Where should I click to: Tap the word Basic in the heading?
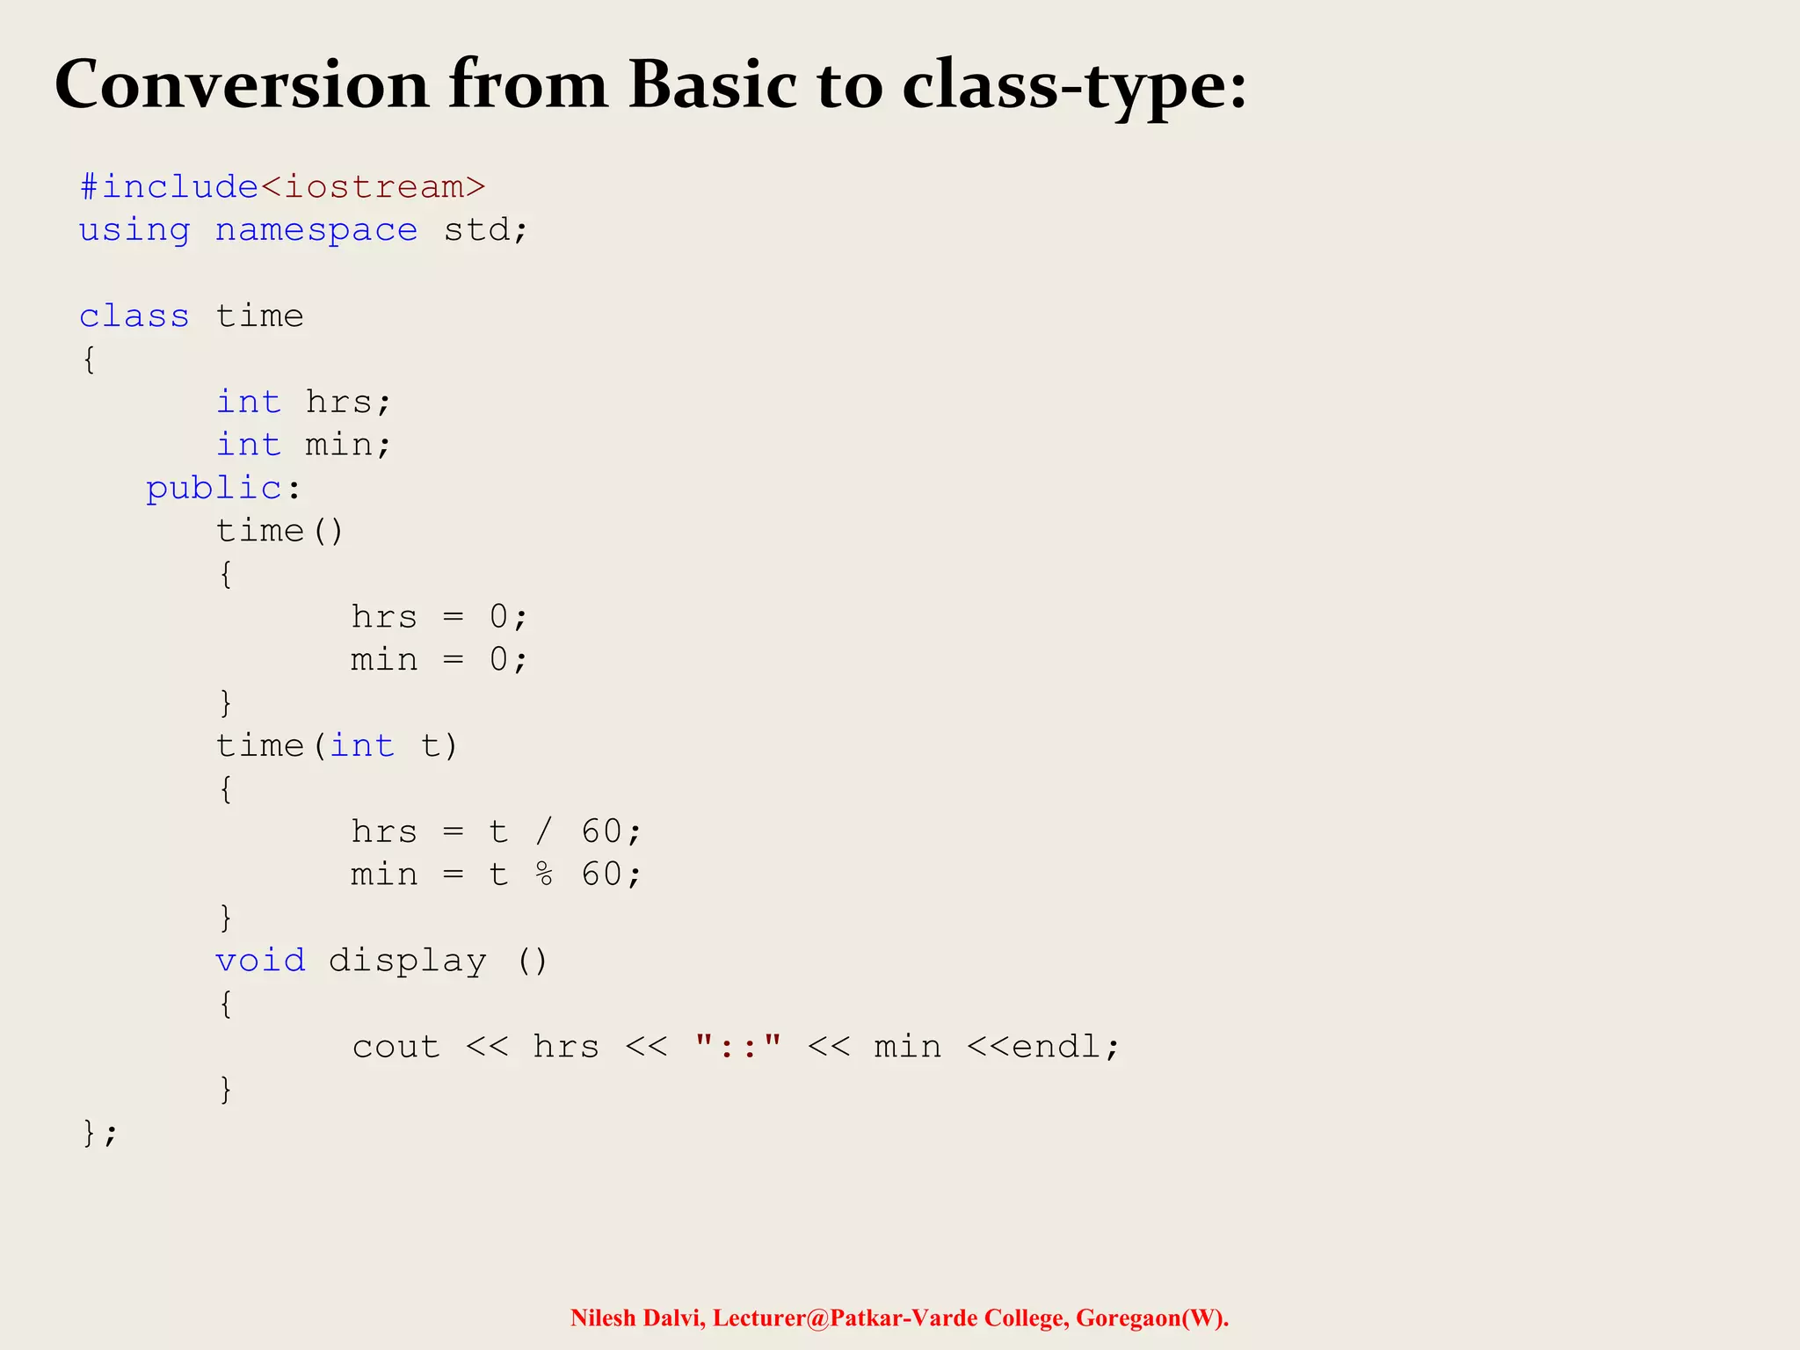coord(712,85)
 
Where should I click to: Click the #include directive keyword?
coord(169,187)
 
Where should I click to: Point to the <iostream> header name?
coord(373,187)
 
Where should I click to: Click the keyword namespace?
coord(316,230)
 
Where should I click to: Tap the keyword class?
coord(134,316)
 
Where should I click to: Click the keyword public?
coord(214,488)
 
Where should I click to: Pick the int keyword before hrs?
coord(249,403)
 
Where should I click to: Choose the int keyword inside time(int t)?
coord(362,746)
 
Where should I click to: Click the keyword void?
coord(261,961)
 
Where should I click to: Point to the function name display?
coord(407,961)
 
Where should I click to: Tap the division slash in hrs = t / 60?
coord(545,831)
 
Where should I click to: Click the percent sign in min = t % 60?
coord(545,875)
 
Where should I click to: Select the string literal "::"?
coord(738,1046)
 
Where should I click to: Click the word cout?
coord(396,1047)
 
